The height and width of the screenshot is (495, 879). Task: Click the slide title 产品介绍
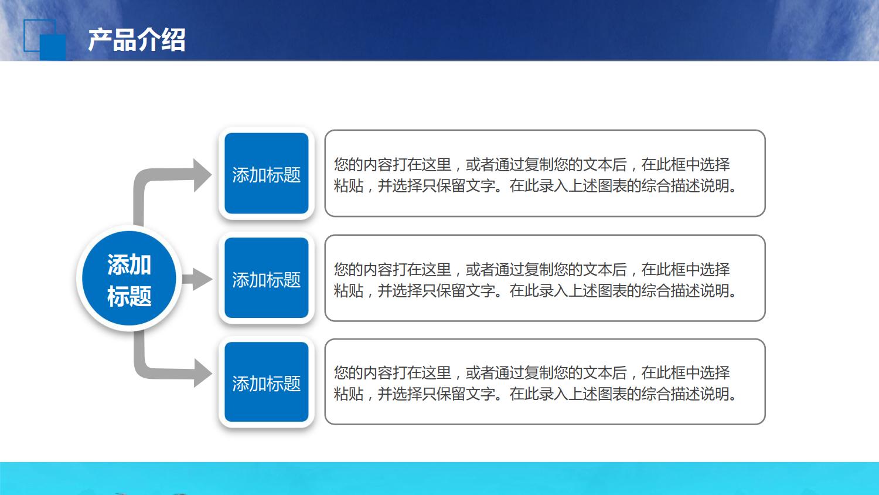coord(137,40)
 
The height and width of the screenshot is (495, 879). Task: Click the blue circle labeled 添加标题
coord(129,279)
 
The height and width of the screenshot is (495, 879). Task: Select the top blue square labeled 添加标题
coord(267,174)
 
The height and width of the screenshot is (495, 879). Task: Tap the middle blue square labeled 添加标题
coord(267,279)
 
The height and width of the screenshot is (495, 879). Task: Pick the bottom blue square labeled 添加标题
coord(267,382)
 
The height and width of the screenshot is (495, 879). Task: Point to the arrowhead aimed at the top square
coord(202,175)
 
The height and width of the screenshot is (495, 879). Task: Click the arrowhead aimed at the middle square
coord(202,279)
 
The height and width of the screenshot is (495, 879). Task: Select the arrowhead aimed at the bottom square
coord(202,373)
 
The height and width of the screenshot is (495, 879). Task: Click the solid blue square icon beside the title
coord(53,47)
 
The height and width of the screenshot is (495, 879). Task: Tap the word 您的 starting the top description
coord(349,165)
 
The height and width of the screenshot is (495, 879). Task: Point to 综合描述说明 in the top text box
coord(686,186)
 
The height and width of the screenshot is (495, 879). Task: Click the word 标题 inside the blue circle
coord(129,296)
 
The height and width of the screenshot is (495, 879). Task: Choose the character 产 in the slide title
coord(100,40)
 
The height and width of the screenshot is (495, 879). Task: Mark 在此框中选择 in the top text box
coord(686,165)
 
